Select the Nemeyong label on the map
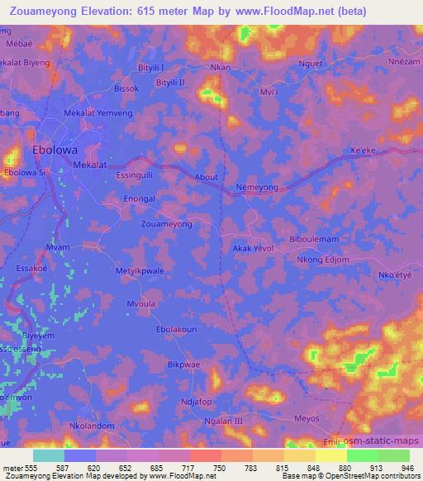point(259,187)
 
